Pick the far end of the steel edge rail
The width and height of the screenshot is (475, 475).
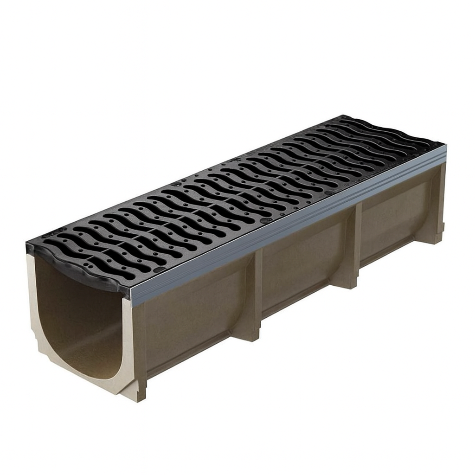[443, 153]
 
